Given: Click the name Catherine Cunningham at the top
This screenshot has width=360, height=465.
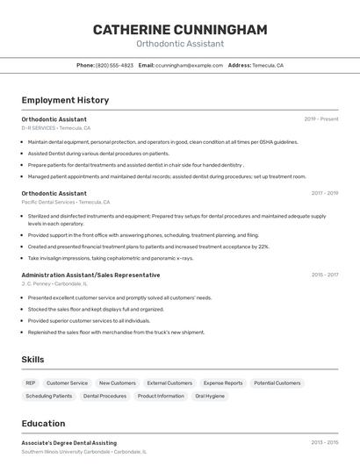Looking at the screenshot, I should (x=180, y=30).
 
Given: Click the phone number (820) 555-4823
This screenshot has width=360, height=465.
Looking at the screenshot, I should (x=114, y=65).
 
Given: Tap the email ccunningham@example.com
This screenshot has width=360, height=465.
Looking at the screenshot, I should (x=189, y=65).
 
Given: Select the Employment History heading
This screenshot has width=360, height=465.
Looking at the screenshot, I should (x=65, y=100).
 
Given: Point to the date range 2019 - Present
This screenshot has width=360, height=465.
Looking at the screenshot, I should (x=321, y=119).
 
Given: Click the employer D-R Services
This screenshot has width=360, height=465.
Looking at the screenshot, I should (x=39, y=128).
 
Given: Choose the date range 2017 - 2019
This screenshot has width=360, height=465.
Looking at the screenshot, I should (x=324, y=193).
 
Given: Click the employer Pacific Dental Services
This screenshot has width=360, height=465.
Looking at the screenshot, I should (x=48, y=202).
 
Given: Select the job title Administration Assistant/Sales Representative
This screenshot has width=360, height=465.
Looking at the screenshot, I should (x=90, y=275).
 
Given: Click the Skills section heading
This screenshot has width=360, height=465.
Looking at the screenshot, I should (x=33, y=360).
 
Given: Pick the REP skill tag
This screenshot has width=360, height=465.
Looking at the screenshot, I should (x=31, y=383).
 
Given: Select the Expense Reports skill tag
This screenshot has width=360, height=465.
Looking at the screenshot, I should (x=223, y=383).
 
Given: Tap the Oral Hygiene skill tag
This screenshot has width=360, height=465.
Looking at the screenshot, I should (x=210, y=396).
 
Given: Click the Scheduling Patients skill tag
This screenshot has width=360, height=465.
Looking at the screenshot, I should (x=49, y=396).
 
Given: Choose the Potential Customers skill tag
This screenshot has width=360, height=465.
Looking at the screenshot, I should (x=277, y=383).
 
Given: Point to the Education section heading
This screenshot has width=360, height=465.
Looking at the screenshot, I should (x=43, y=423).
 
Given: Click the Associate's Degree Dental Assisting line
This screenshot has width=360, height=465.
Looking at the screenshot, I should (x=68, y=443).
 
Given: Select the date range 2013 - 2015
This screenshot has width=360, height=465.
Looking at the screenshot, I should (x=324, y=443).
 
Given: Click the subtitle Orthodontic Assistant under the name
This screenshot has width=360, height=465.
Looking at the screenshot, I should (x=180, y=44).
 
